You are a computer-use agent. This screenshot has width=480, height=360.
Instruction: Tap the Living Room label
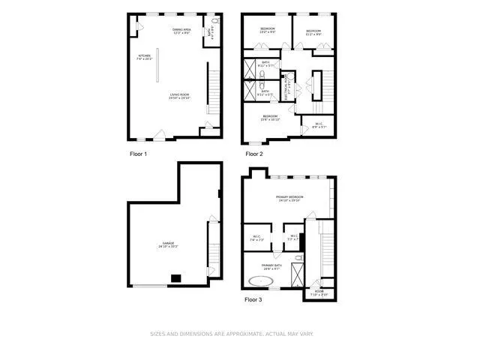(179, 96)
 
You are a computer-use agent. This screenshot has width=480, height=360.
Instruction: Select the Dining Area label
(182, 31)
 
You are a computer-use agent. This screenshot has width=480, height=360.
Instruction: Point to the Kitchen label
(145, 57)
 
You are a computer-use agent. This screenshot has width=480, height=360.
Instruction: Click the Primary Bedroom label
(289, 199)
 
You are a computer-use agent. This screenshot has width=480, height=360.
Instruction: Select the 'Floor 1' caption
(138, 154)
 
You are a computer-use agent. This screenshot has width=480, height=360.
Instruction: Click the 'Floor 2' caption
(255, 154)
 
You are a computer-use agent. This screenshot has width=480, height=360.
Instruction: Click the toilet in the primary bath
(298, 258)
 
